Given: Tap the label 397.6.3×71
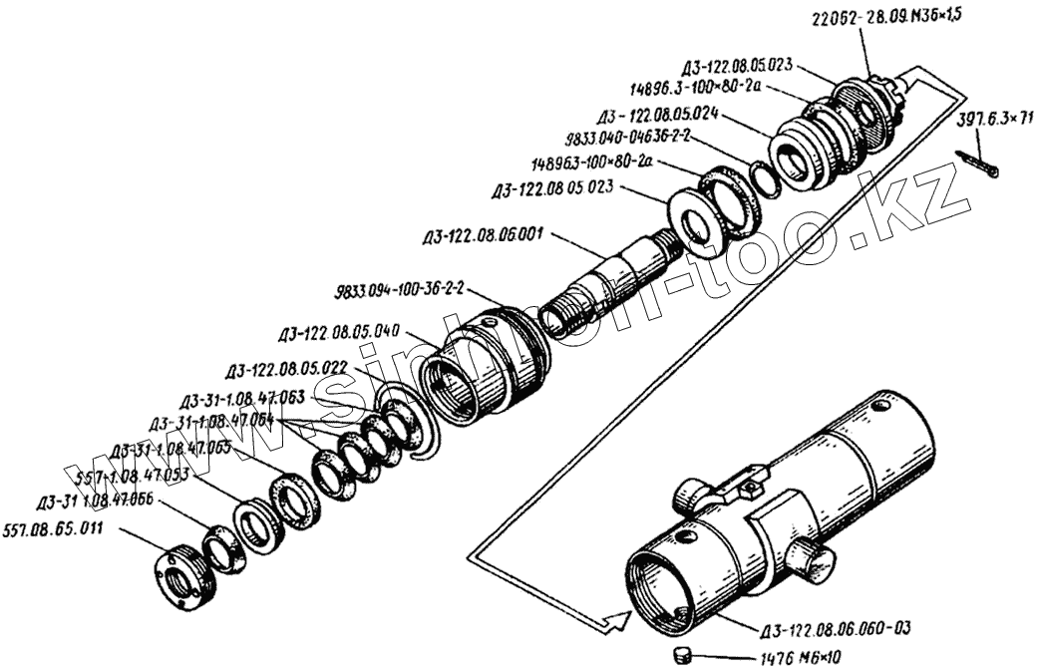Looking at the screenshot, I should (994, 121).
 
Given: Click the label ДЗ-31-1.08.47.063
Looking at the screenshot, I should (243, 402).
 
